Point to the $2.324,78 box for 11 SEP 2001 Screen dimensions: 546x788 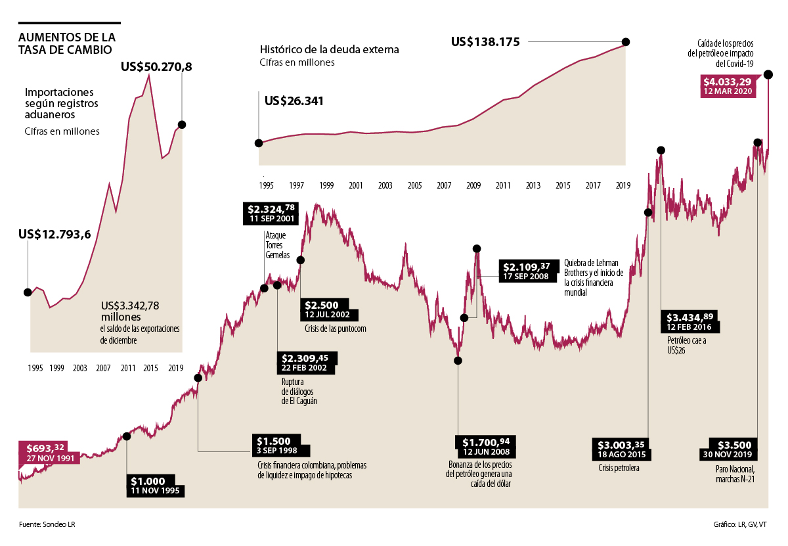point(271,213)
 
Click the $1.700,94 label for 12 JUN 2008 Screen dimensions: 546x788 point(487,445)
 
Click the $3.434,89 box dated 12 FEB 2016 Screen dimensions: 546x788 point(689,321)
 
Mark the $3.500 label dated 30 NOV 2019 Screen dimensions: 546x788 point(731,448)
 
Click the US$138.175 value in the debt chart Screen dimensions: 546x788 point(486,42)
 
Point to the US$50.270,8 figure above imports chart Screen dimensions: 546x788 point(156,67)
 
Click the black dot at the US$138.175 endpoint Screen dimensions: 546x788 point(626,42)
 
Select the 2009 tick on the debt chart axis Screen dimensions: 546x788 point(473,186)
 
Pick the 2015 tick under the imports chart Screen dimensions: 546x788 point(150,368)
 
